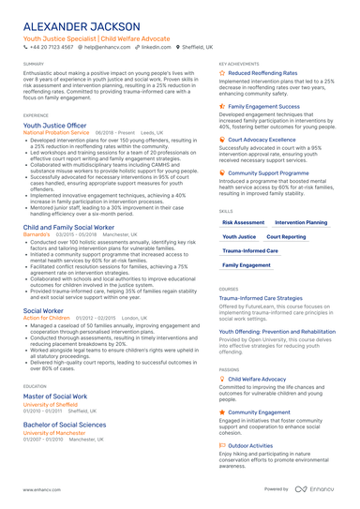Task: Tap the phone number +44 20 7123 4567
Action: [x=53, y=45]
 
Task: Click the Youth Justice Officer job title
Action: [x=54, y=124]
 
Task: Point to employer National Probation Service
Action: [x=56, y=133]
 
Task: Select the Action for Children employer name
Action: [x=47, y=318]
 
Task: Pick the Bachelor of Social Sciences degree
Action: [x=65, y=425]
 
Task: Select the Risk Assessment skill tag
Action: [x=244, y=223]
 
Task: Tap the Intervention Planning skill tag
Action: [x=302, y=223]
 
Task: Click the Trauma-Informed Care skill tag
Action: [x=250, y=251]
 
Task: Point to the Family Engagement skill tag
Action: [x=247, y=265]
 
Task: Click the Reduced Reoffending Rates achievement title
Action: [x=262, y=72]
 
